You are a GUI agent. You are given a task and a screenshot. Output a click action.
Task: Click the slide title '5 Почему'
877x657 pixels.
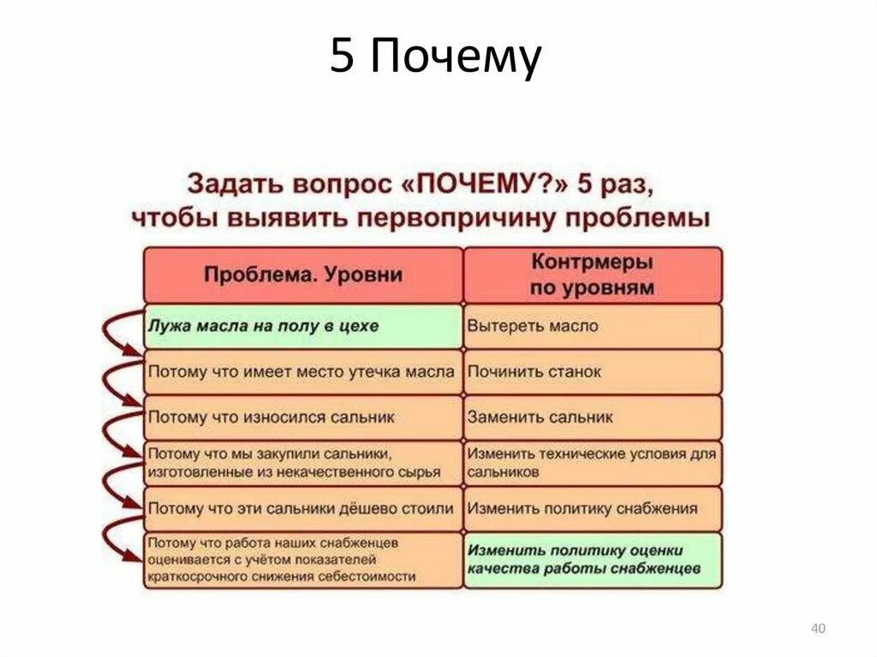[x=436, y=58]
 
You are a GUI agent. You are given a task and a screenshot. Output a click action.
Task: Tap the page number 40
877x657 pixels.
[x=818, y=630]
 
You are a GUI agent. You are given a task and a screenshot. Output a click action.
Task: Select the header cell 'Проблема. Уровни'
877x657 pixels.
[x=303, y=275]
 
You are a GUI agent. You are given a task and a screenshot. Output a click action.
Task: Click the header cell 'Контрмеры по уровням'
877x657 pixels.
[x=592, y=275]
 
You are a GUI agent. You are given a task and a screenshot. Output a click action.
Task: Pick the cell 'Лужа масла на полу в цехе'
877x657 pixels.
[x=303, y=326]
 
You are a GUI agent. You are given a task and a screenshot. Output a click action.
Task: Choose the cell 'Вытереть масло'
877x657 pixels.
[x=592, y=326]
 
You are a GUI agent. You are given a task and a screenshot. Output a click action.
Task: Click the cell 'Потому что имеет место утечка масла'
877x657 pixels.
[x=303, y=372]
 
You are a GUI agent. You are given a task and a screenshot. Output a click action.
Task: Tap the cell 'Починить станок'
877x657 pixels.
[x=592, y=372]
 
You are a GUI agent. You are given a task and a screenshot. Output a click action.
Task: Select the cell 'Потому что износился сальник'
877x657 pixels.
[x=303, y=418]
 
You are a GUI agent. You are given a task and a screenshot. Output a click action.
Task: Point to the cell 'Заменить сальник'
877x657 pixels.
[x=592, y=418]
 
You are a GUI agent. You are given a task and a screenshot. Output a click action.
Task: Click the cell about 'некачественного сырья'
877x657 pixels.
[x=303, y=463]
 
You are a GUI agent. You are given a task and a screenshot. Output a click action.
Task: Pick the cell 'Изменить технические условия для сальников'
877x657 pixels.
[x=592, y=463]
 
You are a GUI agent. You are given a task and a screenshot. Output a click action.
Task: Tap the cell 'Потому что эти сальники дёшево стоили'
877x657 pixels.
[x=303, y=508]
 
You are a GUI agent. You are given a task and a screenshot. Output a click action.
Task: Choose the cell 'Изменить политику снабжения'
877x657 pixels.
[x=592, y=508]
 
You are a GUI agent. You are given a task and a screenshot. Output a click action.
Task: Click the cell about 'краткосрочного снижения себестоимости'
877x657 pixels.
[x=303, y=560]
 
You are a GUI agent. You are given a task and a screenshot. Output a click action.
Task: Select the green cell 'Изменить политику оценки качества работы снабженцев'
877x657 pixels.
[x=592, y=560]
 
